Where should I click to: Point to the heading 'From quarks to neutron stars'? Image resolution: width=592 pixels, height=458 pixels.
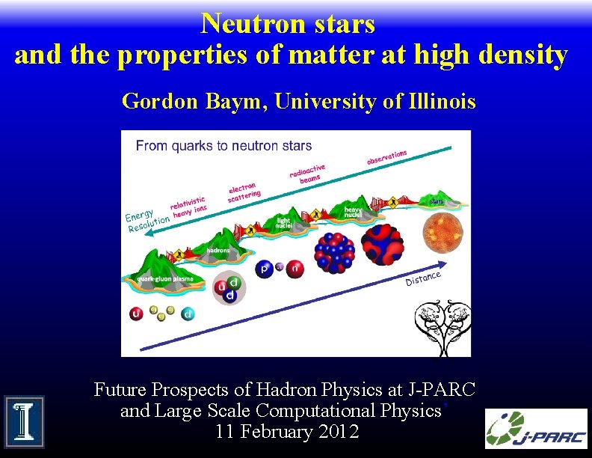point(223,146)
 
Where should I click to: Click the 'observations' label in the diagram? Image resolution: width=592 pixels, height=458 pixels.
point(386,157)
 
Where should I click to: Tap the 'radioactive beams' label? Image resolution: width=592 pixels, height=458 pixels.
point(308,174)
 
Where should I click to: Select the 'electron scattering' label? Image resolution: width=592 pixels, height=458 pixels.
point(244,192)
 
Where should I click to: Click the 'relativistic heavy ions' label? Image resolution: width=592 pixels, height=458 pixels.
point(189,207)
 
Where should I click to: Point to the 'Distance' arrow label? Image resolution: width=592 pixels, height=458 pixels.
point(423,278)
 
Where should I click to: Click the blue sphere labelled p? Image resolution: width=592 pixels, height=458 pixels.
point(264,269)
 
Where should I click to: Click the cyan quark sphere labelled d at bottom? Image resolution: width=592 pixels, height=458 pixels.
point(188,314)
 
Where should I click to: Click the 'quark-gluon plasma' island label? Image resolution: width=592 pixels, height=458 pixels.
point(164,278)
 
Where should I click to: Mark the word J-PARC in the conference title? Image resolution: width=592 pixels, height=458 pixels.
point(442,389)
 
